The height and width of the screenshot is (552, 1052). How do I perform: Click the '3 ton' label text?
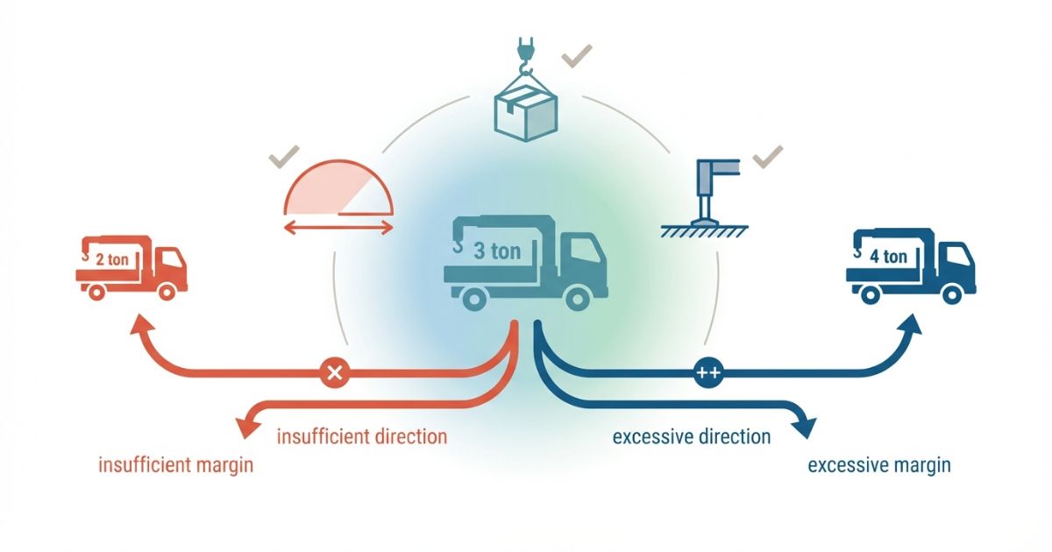(x=497, y=251)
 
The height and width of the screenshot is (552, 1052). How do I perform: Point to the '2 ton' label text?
(x=112, y=259)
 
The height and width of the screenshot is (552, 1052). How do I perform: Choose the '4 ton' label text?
(x=890, y=257)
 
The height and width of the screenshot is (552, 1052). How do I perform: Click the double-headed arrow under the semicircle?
(x=338, y=228)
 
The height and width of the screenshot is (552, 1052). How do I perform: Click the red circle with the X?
(x=332, y=372)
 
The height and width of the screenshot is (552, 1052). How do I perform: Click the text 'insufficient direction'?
(x=362, y=435)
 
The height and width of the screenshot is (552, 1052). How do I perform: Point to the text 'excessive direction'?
(x=692, y=435)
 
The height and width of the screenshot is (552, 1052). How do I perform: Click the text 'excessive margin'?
(x=878, y=464)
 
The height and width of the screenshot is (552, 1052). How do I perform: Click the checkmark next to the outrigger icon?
(x=767, y=158)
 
